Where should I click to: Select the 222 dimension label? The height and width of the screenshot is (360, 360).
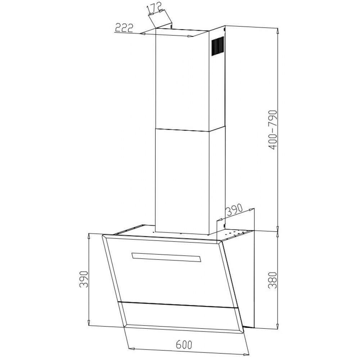[x=124, y=28]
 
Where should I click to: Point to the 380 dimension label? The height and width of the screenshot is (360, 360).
[x=273, y=280]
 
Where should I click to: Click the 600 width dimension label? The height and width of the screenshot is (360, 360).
[x=184, y=345]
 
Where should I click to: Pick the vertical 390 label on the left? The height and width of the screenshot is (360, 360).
[x=84, y=279]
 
